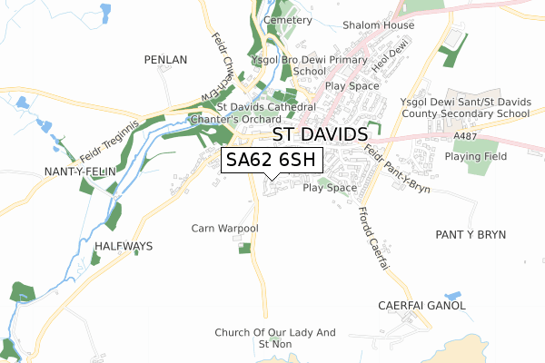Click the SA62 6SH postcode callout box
[272, 160]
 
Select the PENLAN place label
[165, 60]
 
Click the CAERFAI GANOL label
[421, 306]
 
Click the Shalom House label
[378, 25]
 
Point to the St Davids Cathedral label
[266, 107]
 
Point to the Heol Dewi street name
[386, 63]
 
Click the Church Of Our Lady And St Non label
[274, 338]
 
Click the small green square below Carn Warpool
[243, 248]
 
